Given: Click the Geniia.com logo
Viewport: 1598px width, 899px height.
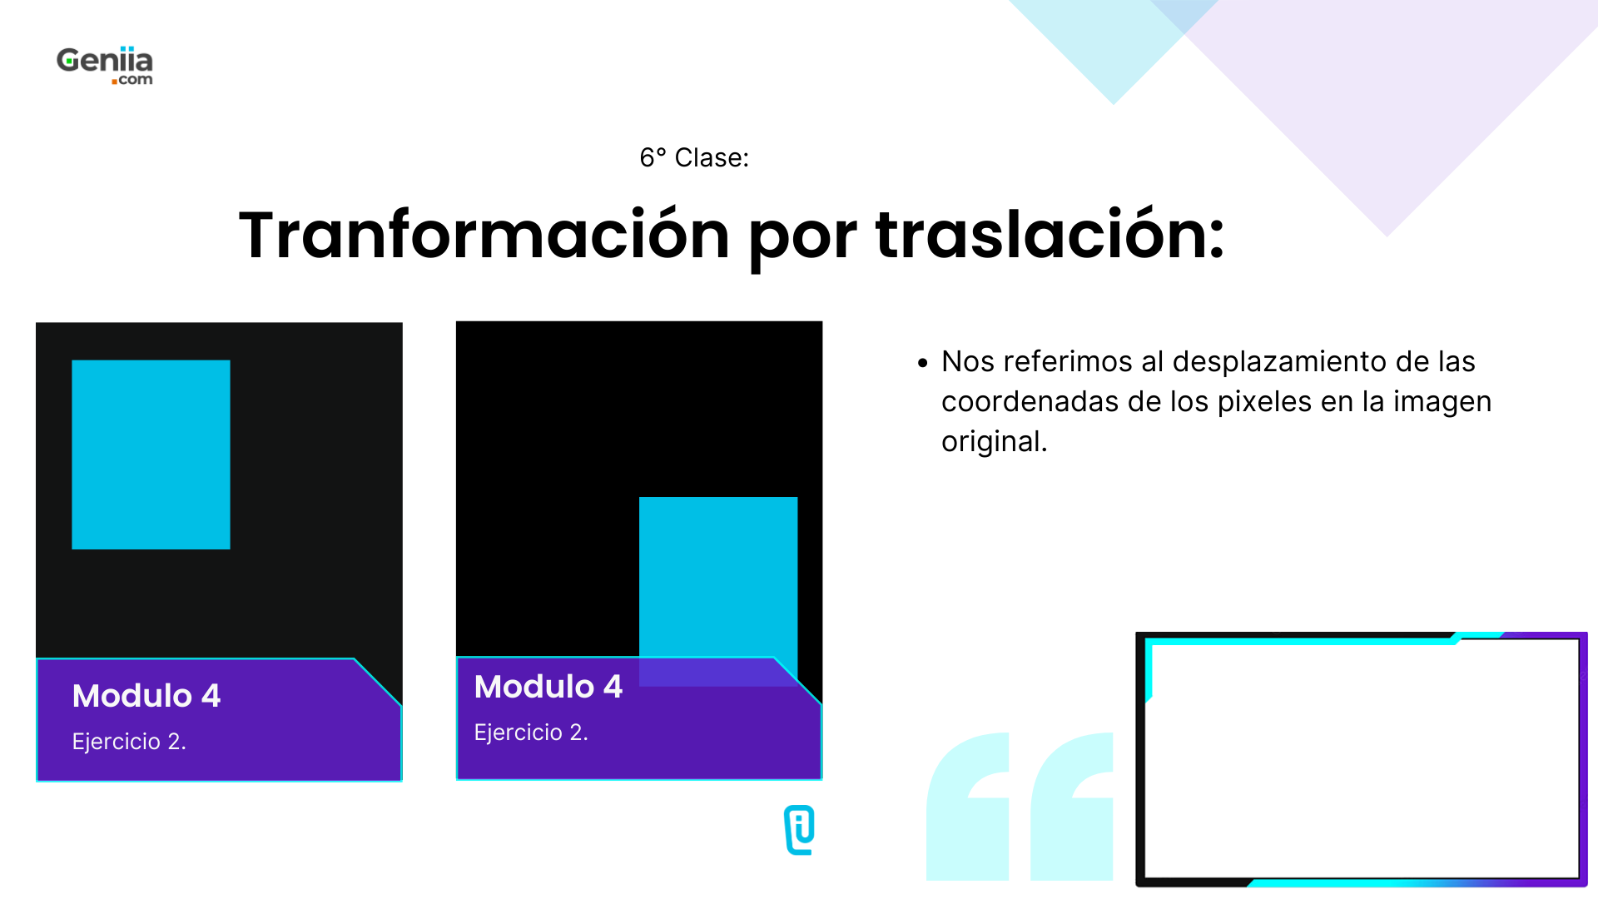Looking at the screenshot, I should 105,66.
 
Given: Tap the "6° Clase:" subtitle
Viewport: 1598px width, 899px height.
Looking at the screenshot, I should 694,157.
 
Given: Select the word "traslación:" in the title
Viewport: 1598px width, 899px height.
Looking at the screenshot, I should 1050,236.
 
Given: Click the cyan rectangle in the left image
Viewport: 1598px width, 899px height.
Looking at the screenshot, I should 151,454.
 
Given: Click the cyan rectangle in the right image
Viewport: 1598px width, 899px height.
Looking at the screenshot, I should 717,574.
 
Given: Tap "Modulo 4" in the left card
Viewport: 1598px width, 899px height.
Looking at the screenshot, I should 146,696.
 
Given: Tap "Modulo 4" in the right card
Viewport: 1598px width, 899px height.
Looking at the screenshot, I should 548,687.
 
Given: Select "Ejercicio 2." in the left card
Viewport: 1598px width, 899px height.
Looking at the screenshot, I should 129,742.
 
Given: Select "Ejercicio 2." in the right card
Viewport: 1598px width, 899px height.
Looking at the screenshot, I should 531,733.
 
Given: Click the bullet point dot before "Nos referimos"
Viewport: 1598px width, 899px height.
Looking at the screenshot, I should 922,363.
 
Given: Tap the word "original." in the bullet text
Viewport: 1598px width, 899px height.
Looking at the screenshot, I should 994,442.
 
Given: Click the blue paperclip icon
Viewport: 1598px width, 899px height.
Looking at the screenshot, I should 800,830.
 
